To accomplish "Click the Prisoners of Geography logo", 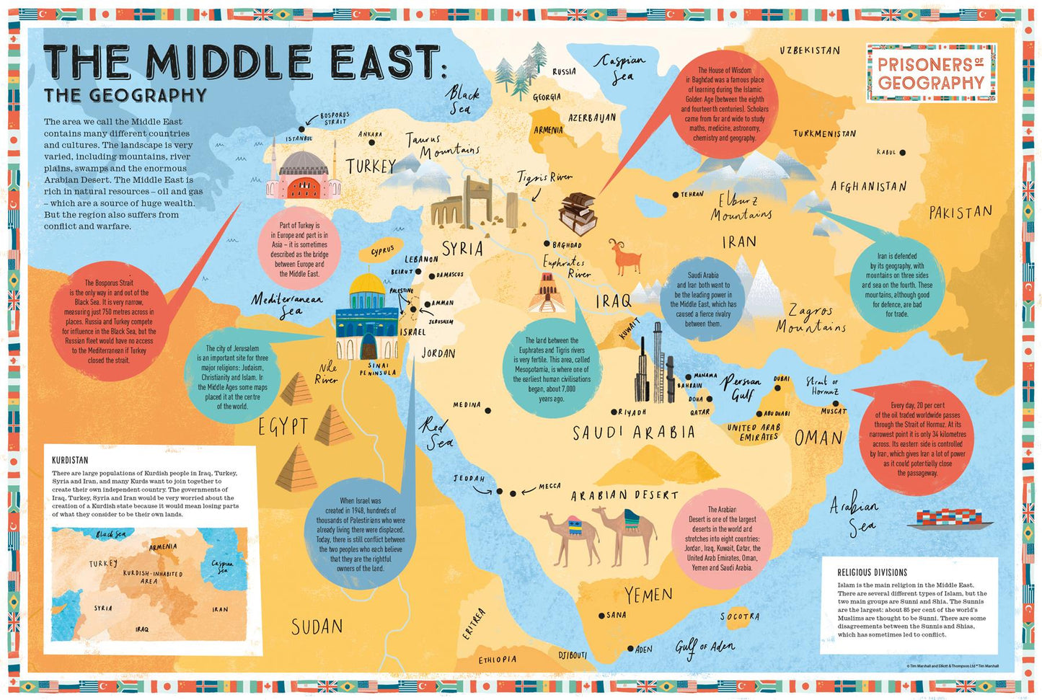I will (x=931, y=73).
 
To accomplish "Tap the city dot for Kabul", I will (x=902, y=153).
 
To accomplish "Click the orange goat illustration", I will (x=624, y=257).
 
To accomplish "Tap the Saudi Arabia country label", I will (x=634, y=433).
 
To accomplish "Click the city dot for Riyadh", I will (x=613, y=412).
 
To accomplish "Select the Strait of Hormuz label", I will (x=823, y=386).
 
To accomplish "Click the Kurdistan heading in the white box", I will (x=70, y=460).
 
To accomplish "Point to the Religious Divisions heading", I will (x=872, y=572).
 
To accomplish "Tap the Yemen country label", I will (x=648, y=595).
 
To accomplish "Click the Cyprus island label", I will (x=382, y=251).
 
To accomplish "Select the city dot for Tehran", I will (x=676, y=195).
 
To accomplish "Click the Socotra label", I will (x=739, y=616).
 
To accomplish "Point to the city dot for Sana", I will (x=601, y=616).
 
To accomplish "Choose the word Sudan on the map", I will (x=317, y=627).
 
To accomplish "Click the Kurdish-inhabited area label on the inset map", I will (x=152, y=577).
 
